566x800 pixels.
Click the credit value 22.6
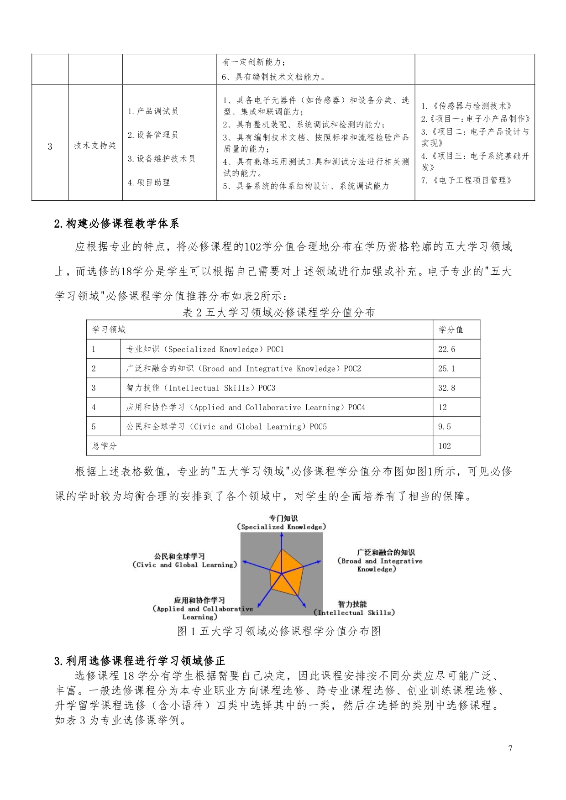(446, 350)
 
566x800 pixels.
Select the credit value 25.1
(446, 369)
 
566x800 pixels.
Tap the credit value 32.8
(446, 388)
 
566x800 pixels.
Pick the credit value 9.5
(444, 427)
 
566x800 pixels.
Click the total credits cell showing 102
(444, 446)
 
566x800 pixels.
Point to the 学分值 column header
(451, 330)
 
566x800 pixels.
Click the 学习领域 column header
(109, 330)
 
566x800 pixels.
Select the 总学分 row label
(105, 446)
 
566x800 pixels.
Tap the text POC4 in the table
(356, 408)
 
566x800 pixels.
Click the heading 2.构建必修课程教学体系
(116, 224)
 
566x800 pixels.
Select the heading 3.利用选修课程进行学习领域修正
(140, 661)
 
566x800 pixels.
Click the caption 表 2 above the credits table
(278, 313)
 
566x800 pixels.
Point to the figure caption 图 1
(278, 631)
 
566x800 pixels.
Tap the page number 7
(510, 748)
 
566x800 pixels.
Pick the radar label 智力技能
(352, 604)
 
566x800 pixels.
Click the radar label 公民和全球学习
(179, 556)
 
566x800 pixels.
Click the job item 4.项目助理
(149, 183)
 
